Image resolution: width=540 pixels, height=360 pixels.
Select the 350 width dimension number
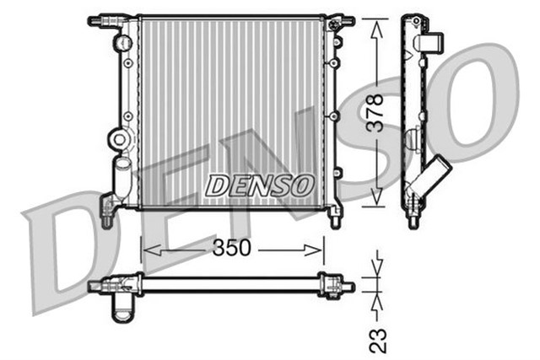pos(232,250)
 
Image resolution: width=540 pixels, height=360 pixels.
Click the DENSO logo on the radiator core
pos(260,185)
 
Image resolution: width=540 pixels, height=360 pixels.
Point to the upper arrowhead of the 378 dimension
pos(376,24)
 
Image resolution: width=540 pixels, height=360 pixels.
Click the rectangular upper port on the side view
pos(433,41)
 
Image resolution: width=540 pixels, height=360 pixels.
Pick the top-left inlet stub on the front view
pos(102,18)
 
